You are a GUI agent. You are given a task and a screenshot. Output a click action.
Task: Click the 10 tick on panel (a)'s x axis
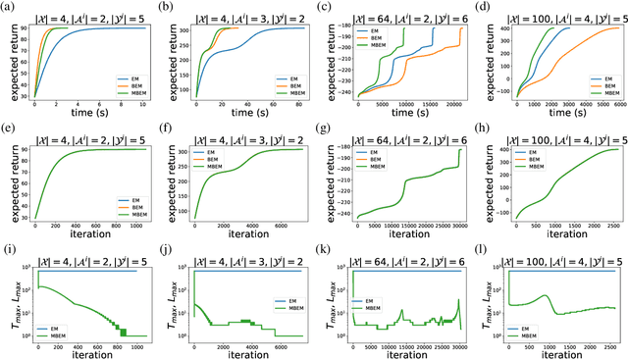click(143, 105)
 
